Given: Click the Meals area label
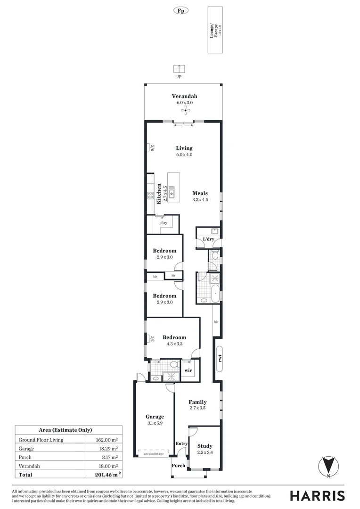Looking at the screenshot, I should (x=200, y=193).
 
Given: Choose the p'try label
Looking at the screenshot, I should (x=164, y=222).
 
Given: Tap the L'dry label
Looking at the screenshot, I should (x=208, y=239).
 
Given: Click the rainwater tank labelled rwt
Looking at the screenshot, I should (x=220, y=358).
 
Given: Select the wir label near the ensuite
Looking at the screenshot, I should (x=188, y=370).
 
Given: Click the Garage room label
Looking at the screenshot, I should (x=155, y=417).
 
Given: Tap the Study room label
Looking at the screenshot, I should (x=205, y=446).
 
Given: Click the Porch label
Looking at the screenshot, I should (x=179, y=466).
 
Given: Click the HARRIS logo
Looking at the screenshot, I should (x=317, y=495).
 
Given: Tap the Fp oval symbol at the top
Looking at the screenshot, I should (x=180, y=10).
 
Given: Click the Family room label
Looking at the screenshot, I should (x=197, y=402).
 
